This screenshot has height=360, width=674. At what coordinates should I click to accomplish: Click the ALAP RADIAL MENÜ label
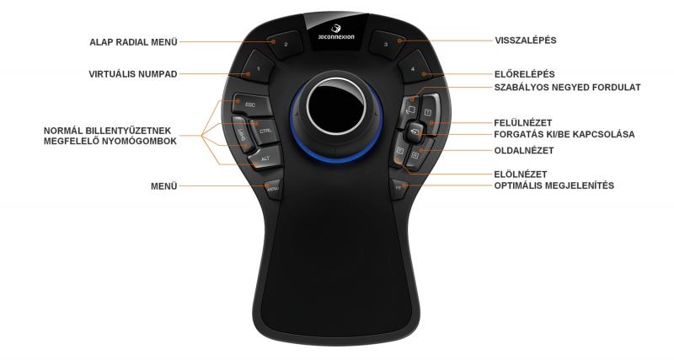coord(133,40)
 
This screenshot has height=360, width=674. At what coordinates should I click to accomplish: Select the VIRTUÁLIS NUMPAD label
coord(133,74)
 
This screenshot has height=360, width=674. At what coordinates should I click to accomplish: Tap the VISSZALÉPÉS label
coord(525,40)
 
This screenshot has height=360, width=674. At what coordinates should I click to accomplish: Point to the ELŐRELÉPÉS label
coord(524,74)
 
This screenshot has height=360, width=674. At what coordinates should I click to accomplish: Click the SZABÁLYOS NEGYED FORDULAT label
coord(567,87)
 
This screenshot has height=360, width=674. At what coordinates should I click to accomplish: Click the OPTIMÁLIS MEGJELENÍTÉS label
coord(554,185)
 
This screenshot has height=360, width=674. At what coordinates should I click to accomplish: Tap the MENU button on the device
coord(272,189)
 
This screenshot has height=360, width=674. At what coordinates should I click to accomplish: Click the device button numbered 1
coord(258,67)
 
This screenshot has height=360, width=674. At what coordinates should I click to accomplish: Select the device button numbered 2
coord(285,42)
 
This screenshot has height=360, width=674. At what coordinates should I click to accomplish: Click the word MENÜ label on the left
coord(163,185)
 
